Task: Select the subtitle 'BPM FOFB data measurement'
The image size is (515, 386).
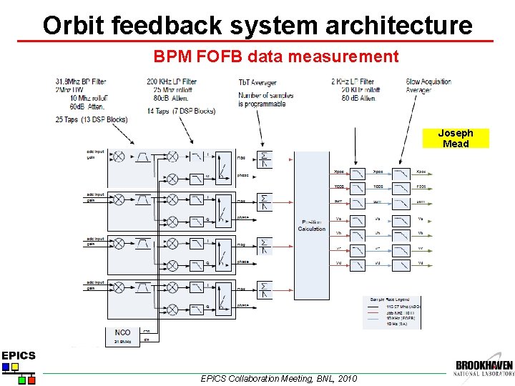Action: [x=276, y=56]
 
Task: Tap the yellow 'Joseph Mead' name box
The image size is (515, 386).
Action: [x=456, y=139]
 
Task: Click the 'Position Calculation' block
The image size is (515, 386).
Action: [x=312, y=224]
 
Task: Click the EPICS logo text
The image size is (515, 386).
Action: [x=18, y=355]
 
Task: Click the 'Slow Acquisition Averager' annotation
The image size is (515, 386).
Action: [x=428, y=86]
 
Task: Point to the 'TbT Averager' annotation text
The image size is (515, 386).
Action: [x=257, y=82]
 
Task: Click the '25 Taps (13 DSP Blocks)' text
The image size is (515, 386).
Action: [x=91, y=119]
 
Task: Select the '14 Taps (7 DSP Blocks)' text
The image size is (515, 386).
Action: [x=180, y=111]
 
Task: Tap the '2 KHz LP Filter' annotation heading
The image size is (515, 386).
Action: [x=353, y=81]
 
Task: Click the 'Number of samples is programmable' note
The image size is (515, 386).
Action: [x=262, y=99]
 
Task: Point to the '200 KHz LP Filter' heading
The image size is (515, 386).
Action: [x=172, y=81]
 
